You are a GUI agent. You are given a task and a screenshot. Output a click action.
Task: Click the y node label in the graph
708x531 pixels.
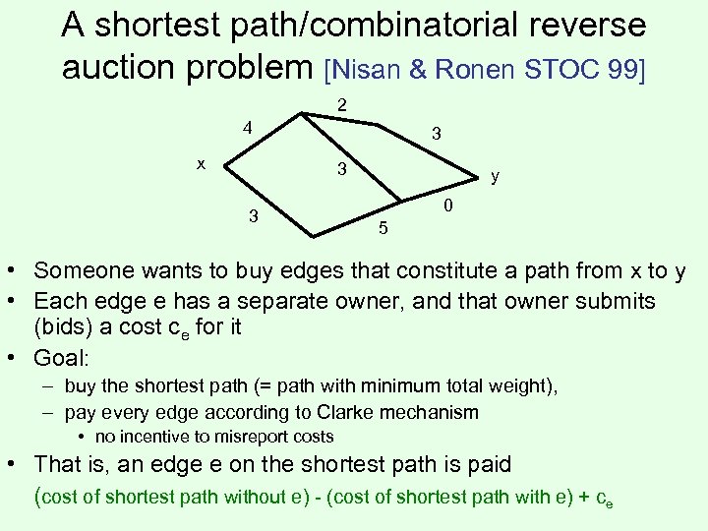[496, 177]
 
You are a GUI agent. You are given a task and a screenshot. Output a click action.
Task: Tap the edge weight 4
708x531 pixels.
[249, 128]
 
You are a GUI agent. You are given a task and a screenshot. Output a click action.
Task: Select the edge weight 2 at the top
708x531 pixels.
[340, 104]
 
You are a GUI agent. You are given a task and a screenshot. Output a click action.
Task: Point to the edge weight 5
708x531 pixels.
[383, 229]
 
